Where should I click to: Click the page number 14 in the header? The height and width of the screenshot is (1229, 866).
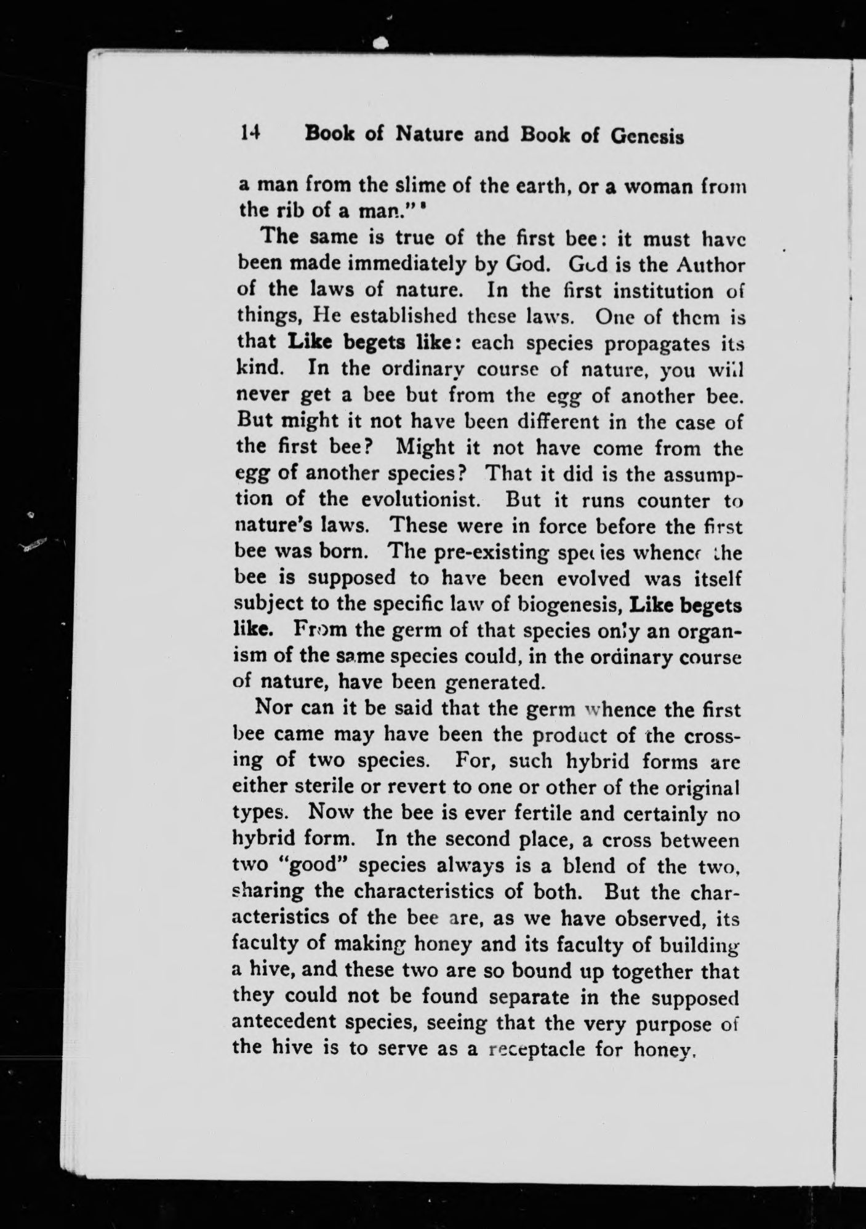252,134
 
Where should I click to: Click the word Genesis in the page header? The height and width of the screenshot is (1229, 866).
647,136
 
